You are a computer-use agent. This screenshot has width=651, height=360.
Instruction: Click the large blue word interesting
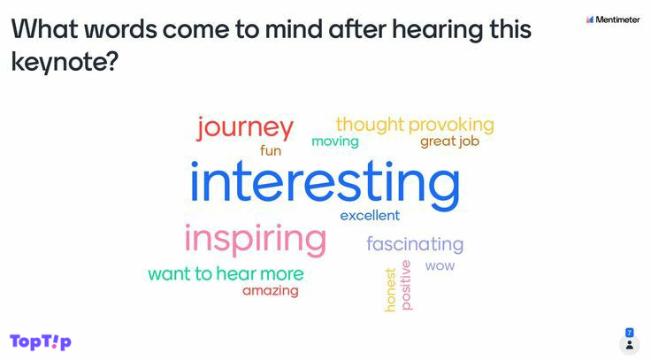pos(325,185)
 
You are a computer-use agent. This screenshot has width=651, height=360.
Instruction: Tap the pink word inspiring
pos(256,239)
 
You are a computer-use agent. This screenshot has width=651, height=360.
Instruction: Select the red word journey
pos(245,128)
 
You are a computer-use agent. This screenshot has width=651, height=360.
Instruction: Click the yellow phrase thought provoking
pos(415,125)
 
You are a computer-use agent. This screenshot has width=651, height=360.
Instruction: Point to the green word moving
pos(335,142)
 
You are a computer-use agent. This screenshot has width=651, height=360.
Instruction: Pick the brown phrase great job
pos(449,142)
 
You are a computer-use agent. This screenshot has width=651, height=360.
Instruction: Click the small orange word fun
pos(271,150)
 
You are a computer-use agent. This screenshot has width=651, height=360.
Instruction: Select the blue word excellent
pos(370,216)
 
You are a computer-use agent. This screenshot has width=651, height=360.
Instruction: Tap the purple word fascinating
pos(415,244)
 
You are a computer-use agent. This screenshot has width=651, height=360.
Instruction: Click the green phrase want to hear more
pos(226,274)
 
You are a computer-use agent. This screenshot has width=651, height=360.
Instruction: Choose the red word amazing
pos(271,291)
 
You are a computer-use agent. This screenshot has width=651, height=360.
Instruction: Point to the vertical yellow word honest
pos(390,289)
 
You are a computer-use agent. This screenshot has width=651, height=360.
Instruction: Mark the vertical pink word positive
pos(406,285)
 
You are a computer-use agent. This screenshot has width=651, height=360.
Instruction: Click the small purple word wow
pos(440,265)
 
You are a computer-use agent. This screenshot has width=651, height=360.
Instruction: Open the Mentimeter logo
pos(613,19)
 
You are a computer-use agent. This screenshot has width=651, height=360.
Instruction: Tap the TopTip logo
pos(41,341)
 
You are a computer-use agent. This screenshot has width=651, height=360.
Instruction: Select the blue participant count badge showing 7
pos(630,333)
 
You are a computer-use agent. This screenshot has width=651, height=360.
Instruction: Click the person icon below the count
pos(630,345)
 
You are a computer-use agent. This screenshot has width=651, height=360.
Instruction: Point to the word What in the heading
pos(45,29)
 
